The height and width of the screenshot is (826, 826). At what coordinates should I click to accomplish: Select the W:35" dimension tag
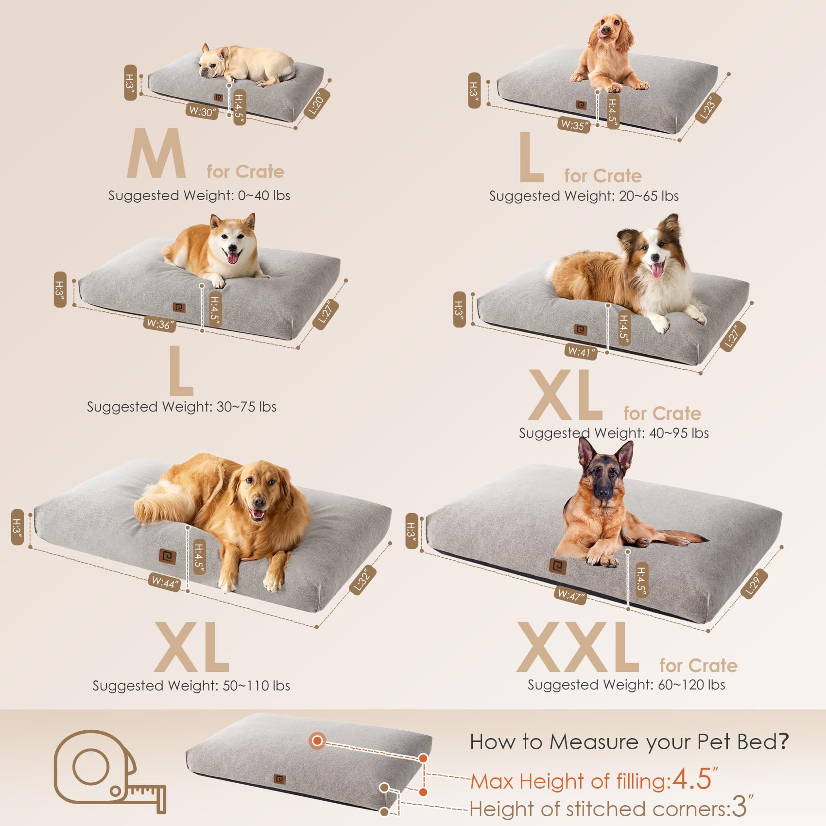point(574,125)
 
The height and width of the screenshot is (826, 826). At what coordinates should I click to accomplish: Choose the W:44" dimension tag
point(165,582)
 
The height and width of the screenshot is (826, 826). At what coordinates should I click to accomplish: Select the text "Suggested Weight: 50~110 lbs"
point(191,686)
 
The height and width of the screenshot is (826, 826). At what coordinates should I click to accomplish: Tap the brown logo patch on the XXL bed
point(558,566)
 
